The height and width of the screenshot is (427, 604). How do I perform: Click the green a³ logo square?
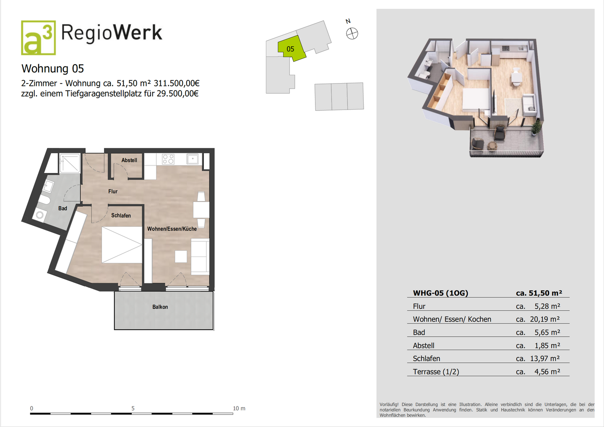(38, 38)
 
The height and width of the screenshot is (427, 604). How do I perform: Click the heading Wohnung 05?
(52, 68)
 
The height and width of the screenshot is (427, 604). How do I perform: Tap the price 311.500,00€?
(176, 84)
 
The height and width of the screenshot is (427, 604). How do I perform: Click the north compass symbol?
(352, 34)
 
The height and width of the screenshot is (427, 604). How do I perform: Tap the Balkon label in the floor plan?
(160, 307)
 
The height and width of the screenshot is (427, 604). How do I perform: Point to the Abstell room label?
(129, 160)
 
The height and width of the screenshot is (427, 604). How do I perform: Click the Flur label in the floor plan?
(113, 191)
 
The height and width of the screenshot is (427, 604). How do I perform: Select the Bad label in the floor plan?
(62, 208)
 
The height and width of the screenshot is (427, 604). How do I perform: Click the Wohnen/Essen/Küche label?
(172, 229)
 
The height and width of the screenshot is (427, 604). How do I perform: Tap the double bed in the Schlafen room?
(122, 245)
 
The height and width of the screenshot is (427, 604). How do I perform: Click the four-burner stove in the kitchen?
(168, 159)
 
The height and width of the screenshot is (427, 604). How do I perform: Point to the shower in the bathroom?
(70, 163)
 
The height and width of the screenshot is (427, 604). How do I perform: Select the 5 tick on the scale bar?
(133, 409)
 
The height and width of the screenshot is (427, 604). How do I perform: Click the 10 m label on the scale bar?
(239, 409)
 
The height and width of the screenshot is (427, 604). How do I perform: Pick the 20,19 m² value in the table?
(544, 319)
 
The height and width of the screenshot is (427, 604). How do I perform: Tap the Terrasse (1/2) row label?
(436, 372)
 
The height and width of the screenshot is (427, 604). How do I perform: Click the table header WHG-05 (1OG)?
(440, 293)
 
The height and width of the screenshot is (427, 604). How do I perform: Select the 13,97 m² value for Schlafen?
(544, 359)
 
